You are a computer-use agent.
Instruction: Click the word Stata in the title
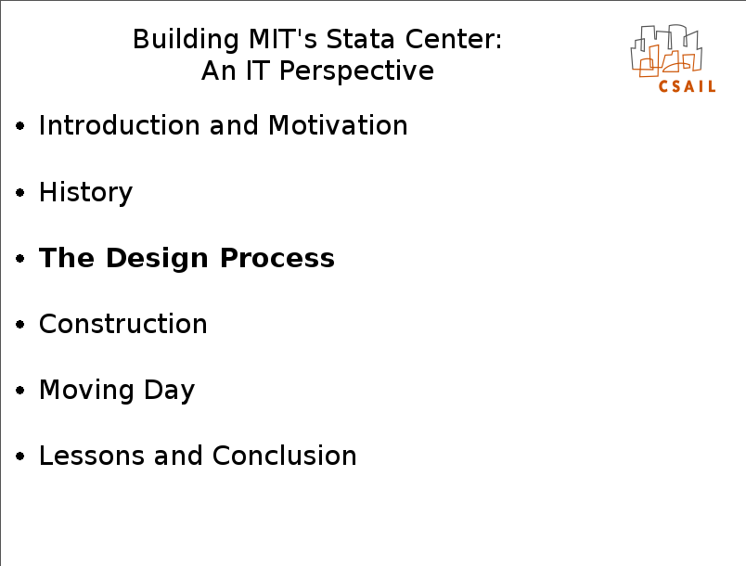click(x=360, y=39)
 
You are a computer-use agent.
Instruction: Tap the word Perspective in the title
click(x=356, y=71)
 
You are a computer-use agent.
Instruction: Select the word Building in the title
click(x=186, y=40)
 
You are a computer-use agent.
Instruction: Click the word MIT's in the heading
click(x=283, y=39)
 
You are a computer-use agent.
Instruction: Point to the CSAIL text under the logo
click(x=687, y=86)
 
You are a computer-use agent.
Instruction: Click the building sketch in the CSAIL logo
click(x=666, y=50)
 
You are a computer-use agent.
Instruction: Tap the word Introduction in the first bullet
click(x=119, y=125)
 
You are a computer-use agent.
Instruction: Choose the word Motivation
click(x=338, y=125)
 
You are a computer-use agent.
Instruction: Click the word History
click(x=85, y=193)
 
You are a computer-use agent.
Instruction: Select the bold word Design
click(x=157, y=259)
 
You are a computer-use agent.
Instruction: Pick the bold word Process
click(x=277, y=258)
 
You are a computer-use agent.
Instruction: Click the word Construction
click(x=122, y=324)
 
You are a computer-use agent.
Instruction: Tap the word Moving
click(x=86, y=391)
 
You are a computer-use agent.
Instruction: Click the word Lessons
click(x=91, y=456)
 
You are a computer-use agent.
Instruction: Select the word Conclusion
click(x=285, y=456)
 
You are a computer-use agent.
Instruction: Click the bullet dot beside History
click(x=20, y=193)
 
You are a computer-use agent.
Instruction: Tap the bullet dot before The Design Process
click(x=20, y=258)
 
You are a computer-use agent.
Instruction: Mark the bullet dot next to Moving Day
click(x=20, y=391)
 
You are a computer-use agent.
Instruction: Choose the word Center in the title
click(x=454, y=39)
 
